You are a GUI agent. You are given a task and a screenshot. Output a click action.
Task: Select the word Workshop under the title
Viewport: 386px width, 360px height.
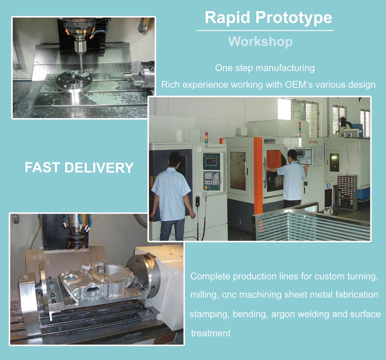260,41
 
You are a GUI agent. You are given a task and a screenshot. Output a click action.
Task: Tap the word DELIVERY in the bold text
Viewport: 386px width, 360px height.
99,167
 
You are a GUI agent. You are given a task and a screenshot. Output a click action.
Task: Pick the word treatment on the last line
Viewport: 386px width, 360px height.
211,333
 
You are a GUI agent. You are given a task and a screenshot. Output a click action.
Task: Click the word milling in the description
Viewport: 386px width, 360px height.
204,294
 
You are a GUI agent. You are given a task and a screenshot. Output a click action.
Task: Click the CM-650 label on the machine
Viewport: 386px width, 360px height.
313,142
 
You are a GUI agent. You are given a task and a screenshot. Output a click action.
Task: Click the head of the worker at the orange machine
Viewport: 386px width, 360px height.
292,155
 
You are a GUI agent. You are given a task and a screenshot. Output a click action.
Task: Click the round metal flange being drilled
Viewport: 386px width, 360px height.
74,82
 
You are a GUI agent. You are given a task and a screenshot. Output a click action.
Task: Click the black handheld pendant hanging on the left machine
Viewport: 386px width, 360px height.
198,202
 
